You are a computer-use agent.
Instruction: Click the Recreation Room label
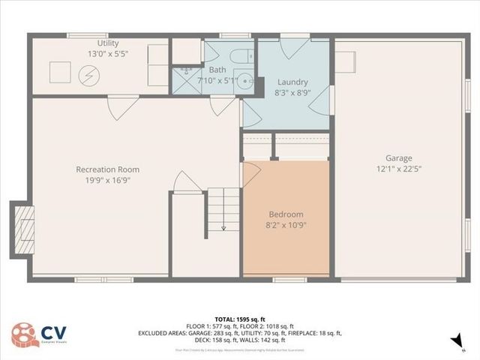(x=107, y=169)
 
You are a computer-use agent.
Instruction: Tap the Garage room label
(x=399, y=158)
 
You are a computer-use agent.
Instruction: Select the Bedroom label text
(x=286, y=214)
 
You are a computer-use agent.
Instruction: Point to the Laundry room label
(x=292, y=82)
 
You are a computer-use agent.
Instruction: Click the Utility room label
(x=103, y=43)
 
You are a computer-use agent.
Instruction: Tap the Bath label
(x=217, y=70)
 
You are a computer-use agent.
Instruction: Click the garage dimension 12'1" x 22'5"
(x=399, y=169)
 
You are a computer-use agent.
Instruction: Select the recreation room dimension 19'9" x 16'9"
(x=107, y=180)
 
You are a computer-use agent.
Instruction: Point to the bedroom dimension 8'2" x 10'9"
(x=286, y=224)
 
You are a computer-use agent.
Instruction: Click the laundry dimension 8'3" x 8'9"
(x=292, y=92)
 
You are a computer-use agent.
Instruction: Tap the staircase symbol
(x=223, y=209)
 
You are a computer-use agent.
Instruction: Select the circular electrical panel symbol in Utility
(x=89, y=74)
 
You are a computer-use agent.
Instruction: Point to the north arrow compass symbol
(x=455, y=341)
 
